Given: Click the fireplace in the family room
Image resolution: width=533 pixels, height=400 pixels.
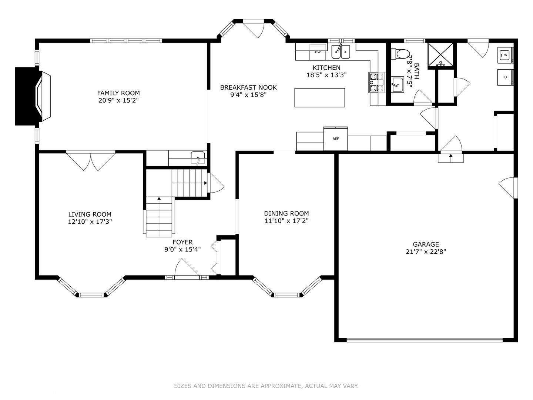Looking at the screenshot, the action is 33,96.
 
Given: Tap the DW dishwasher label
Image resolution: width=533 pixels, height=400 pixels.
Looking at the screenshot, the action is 318,52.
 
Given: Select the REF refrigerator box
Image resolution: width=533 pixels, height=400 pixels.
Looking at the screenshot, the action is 336,139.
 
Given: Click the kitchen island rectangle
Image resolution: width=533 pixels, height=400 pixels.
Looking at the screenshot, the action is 319,98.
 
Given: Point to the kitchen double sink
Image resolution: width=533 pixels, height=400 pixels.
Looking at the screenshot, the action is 341,52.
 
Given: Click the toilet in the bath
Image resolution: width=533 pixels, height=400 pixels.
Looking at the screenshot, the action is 400,54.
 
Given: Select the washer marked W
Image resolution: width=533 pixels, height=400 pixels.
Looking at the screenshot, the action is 505,55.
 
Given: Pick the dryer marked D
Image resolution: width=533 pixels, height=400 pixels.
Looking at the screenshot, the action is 505,77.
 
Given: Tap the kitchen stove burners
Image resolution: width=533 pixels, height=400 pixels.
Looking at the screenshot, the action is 377,82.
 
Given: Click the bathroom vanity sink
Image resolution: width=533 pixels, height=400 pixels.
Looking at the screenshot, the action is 398,85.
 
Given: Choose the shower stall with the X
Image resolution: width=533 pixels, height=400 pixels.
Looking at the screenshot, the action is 440,55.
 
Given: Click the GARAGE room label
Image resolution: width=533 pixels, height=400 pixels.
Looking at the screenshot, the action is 426,244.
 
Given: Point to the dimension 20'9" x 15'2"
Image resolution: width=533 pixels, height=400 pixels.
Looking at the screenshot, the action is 118,100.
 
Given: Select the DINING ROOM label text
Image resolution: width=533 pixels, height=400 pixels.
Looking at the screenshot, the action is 286,213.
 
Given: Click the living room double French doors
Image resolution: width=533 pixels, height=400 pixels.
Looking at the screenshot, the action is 91,160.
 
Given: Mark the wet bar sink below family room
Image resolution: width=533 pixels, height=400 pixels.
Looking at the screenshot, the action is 198,157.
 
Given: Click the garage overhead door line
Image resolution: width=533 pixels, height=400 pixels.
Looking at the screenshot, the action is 425,340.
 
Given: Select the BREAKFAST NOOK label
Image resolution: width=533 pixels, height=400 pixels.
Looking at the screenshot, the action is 248,87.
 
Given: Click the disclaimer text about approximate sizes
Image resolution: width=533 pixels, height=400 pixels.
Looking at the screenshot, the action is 266,386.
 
